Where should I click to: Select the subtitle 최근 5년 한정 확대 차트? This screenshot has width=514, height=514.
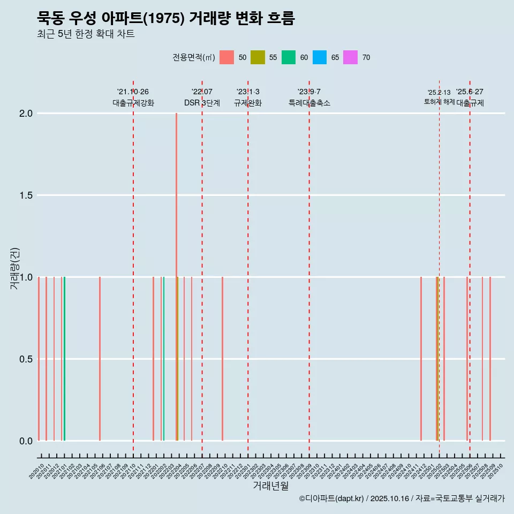(85, 34)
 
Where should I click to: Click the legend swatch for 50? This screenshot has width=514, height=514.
(227, 57)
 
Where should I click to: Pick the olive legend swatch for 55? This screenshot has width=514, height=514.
(258, 57)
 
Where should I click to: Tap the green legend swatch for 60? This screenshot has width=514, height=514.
(289, 57)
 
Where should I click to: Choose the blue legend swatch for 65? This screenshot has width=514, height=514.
(320, 57)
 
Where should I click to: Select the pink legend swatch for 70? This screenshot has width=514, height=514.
(350, 57)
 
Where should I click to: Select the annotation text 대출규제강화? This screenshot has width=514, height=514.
(133, 103)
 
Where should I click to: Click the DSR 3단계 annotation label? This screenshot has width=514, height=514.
(202, 103)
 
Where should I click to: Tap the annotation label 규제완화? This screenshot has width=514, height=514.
(248, 103)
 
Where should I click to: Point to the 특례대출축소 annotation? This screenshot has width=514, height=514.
(309, 103)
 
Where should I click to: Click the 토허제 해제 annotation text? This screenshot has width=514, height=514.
(439, 102)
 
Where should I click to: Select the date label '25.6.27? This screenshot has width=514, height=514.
(470, 92)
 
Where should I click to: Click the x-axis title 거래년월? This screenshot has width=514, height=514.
(270, 486)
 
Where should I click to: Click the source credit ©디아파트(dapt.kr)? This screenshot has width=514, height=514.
(331, 498)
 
